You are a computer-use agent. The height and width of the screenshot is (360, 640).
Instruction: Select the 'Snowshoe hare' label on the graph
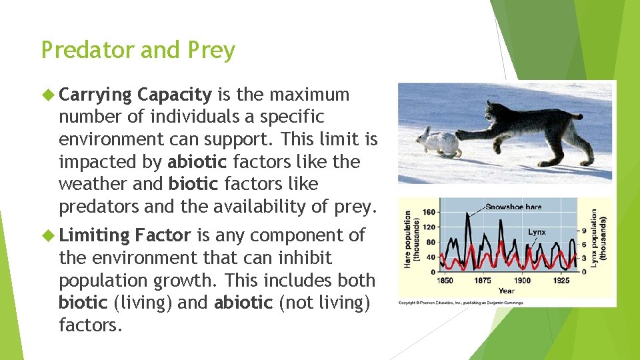[x=513, y=207]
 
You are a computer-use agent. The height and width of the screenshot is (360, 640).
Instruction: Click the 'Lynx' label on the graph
[x=537, y=233]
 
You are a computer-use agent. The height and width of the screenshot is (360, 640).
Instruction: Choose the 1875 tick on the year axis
[x=483, y=281]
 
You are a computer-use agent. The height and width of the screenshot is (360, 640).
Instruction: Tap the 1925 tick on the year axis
[x=561, y=281]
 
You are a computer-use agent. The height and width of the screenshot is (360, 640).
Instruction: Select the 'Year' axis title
[x=507, y=290]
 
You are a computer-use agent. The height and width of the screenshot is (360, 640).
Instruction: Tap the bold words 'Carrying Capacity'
[x=135, y=95]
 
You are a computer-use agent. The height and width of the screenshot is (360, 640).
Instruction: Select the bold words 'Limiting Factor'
[x=125, y=235]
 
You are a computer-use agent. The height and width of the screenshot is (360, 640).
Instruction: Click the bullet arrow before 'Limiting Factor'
[x=48, y=235]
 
